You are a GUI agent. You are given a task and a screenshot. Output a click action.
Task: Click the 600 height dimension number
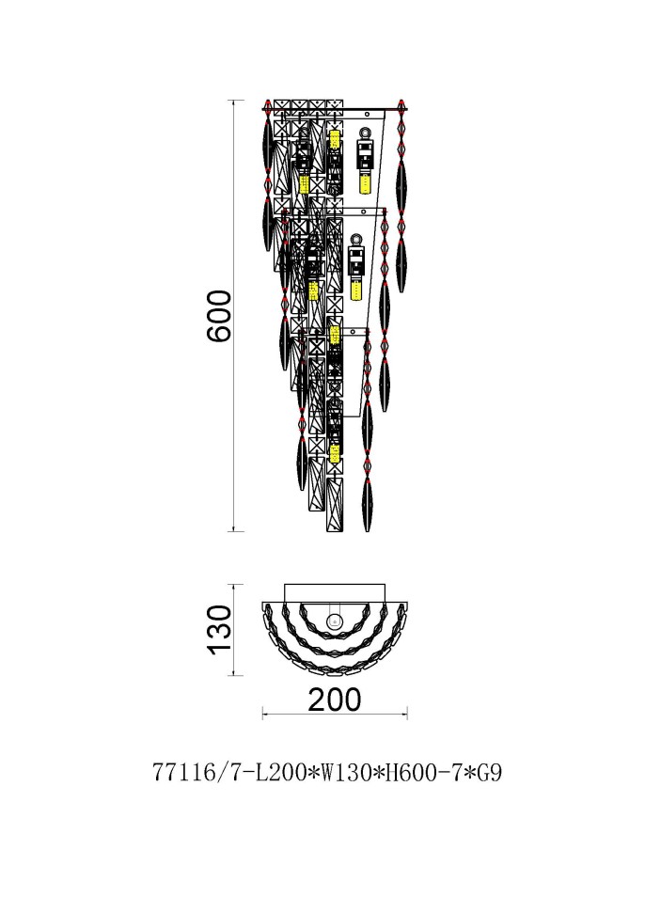click(x=218, y=317)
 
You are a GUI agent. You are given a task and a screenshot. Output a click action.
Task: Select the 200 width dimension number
click(x=334, y=700)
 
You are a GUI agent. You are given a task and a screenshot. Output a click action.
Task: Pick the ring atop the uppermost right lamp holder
click(x=364, y=134)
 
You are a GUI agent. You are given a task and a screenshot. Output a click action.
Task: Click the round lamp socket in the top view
click(x=334, y=621)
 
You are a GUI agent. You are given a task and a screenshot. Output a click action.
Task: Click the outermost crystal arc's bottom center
click(x=334, y=673)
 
